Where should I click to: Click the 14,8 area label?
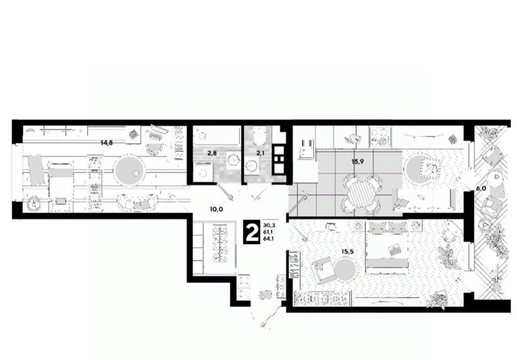click(108, 143)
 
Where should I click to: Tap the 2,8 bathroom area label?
click(211, 153)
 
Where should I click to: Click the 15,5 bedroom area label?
click(347, 252)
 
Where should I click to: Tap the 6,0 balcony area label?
click(480, 189)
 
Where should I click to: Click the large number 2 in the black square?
click(252, 233)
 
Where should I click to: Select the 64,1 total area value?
click(269, 239)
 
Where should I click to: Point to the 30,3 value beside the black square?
click(269, 225)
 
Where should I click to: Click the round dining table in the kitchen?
click(362, 195)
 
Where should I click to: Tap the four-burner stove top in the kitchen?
click(379, 136)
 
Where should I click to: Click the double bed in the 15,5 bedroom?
click(387, 247)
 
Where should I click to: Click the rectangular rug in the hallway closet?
click(221, 244)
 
